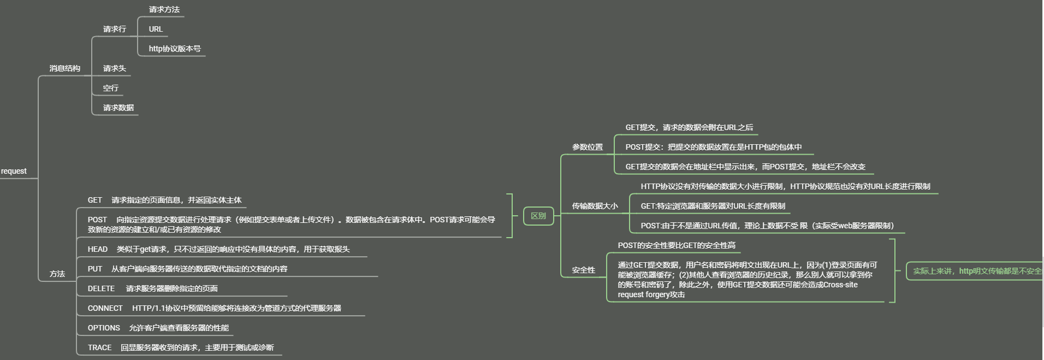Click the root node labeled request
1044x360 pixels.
pos(14,171)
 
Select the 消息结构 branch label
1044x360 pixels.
pos(64,68)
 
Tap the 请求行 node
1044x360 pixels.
pos(114,29)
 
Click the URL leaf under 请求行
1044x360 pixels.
pos(156,29)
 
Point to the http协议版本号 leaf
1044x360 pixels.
pos(175,49)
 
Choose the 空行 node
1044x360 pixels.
pos(110,88)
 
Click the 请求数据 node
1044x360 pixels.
pos(118,108)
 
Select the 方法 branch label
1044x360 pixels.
pos(57,274)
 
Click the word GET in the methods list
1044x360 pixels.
pos(95,200)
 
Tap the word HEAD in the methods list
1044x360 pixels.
pos(98,249)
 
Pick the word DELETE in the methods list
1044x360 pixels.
pos(101,288)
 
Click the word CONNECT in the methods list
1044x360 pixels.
pos(105,308)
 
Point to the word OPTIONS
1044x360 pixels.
pos(104,328)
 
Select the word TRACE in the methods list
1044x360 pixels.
pos(99,347)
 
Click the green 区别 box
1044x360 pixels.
pos(538,216)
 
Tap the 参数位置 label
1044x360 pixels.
pos(588,147)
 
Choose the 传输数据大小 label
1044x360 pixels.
pos(595,206)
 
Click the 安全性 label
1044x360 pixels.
pos(583,270)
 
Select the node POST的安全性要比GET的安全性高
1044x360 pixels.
pos(676,245)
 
